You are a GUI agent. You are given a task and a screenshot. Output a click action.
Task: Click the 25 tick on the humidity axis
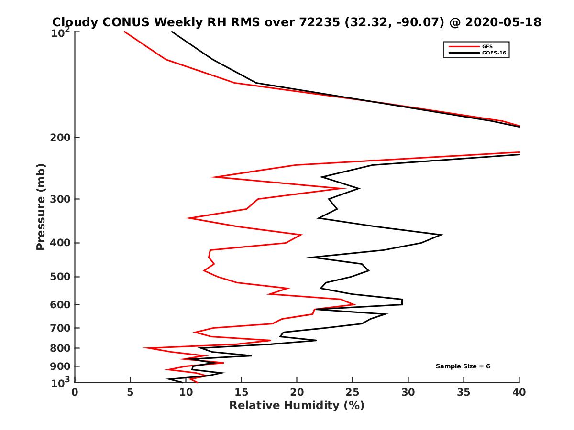pos(353,392)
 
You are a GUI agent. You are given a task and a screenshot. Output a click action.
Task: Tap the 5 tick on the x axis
pos(130,392)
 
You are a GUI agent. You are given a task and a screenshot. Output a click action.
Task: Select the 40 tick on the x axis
pos(519,392)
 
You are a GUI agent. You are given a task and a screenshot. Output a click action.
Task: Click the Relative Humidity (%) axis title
pos(297,406)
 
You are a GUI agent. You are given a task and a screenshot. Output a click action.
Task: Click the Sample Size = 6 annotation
pos(463,366)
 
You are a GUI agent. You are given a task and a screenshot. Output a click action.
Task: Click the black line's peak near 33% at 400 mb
pos(442,235)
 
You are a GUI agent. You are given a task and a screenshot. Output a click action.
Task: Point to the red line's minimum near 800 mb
pos(144,348)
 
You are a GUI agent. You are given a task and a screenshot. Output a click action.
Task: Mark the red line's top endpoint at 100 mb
pos(124,32)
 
